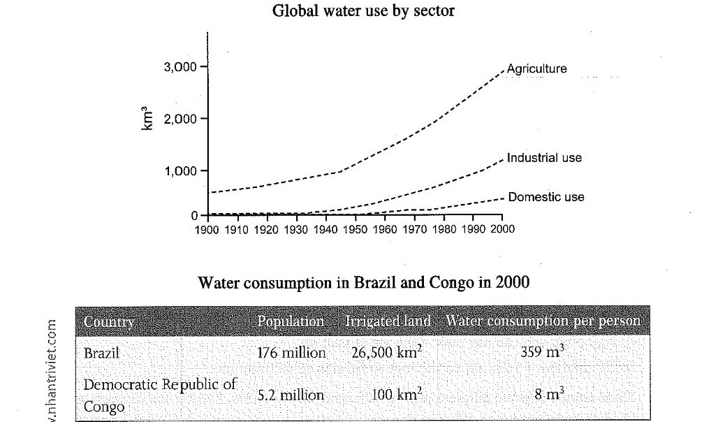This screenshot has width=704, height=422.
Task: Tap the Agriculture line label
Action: tap(537, 69)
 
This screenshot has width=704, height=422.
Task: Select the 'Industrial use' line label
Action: tap(544, 158)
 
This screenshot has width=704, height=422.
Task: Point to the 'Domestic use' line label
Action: tap(546, 198)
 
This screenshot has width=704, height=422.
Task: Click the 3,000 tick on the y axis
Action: tap(180, 67)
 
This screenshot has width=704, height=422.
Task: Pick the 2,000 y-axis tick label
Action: tap(180, 119)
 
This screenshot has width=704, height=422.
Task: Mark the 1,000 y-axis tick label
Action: tap(180, 171)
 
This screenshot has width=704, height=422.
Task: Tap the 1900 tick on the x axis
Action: tap(207, 229)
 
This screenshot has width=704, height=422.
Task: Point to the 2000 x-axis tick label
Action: tap(501, 229)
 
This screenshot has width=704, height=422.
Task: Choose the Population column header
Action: tap(291, 322)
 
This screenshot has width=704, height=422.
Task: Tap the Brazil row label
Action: tap(102, 354)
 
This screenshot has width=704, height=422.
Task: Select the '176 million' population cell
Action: tap(291, 354)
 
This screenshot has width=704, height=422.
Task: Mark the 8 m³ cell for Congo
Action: tap(548, 394)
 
